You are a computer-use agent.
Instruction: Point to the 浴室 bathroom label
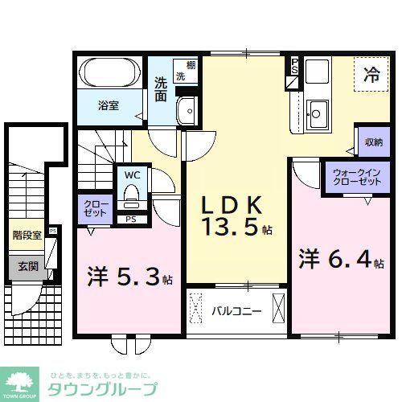[x=109, y=105]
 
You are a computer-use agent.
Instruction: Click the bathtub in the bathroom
[x=110, y=76]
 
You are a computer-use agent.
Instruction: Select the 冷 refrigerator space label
[x=371, y=76]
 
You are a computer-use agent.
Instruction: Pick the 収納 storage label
[x=372, y=143]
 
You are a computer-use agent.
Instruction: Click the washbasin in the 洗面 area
[x=187, y=112]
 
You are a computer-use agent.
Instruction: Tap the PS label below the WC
[x=130, y=218]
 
